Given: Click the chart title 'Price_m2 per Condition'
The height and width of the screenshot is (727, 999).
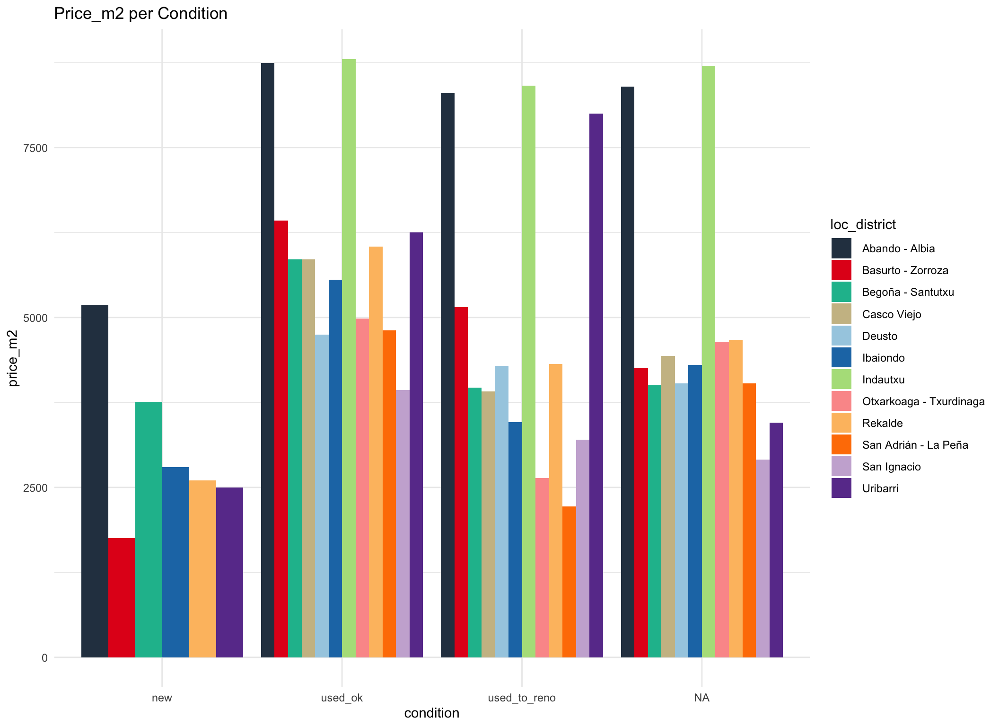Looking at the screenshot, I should point(140,14).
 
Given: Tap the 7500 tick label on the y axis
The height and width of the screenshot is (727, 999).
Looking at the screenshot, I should point(35,148).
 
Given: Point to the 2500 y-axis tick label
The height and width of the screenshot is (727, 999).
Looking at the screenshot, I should point(35,488).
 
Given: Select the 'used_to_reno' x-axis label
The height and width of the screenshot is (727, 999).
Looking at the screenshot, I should point(521,698).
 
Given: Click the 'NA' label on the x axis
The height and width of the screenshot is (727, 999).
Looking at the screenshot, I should point(701,698).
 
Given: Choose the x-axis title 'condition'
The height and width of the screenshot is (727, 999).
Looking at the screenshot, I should point(431,713).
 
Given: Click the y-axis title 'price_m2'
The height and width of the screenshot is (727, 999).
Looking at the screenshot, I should point(13,358).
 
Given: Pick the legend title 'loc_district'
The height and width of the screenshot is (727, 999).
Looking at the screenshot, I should point(863,224).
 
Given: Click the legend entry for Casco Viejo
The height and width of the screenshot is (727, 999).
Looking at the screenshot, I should point(891,314).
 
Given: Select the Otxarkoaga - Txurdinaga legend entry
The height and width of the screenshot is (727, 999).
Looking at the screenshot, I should point(923,401).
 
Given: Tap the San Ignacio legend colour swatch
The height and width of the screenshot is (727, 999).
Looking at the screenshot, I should point(841,467).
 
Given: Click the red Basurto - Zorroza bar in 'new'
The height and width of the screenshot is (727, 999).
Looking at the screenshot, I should point(122,597).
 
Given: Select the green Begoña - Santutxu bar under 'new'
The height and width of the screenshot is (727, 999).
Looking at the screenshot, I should point(149,529).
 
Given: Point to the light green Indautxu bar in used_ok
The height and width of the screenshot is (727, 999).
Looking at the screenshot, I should point(349,358).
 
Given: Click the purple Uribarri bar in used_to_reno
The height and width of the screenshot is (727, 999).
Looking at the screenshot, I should point(596,385).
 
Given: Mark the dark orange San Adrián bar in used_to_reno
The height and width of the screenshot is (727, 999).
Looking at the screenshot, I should point(569,582).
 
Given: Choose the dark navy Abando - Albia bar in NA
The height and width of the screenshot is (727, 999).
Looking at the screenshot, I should point(627,372).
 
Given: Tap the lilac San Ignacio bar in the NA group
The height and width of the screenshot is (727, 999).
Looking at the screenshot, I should point(762,558).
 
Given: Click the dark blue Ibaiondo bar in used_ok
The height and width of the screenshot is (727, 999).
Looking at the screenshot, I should point(335,468).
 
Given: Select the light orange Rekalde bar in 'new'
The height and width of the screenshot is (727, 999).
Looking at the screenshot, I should point(202,568).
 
